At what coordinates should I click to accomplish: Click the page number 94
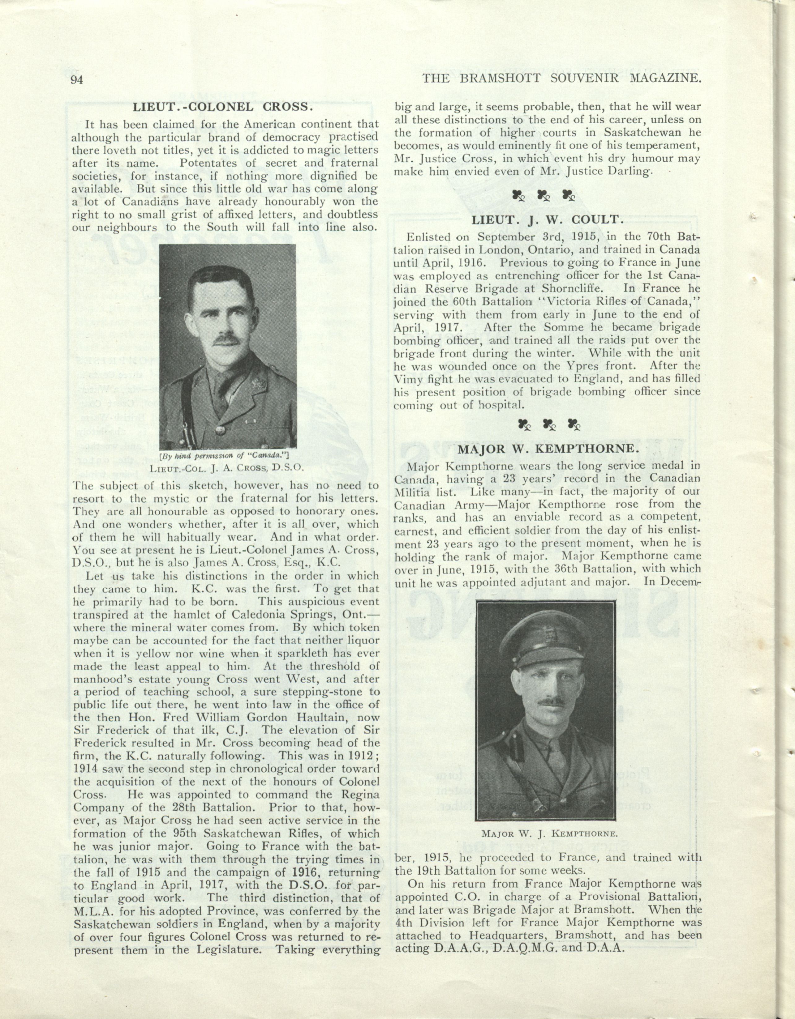point(76,79)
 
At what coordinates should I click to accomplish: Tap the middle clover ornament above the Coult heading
point(543,195)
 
